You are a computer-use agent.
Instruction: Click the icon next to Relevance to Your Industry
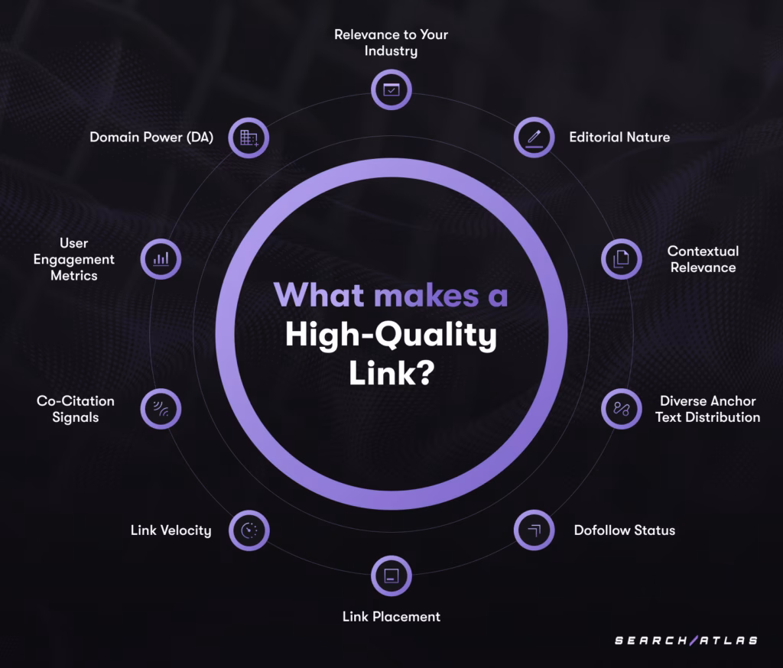391,89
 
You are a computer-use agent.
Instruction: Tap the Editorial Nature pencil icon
534,138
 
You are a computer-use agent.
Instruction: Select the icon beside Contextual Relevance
621,259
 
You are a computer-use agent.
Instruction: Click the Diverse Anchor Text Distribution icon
621,409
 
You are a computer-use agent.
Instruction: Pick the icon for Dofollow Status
534,530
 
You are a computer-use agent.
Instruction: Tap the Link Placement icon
391,576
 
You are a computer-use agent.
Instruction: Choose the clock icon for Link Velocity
249,530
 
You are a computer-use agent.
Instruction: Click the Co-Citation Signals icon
161,409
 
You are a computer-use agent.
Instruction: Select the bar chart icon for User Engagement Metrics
161,259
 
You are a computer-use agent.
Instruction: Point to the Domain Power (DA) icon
249,138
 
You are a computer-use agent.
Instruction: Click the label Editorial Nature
619,138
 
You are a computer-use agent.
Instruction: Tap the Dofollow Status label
625,530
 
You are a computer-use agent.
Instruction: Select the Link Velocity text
171,530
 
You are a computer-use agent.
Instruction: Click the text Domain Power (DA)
151,138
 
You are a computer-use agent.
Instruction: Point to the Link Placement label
391,616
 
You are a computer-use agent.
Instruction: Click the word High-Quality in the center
391,335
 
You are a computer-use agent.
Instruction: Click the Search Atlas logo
686,640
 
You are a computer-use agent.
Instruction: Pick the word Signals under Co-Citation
75,417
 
